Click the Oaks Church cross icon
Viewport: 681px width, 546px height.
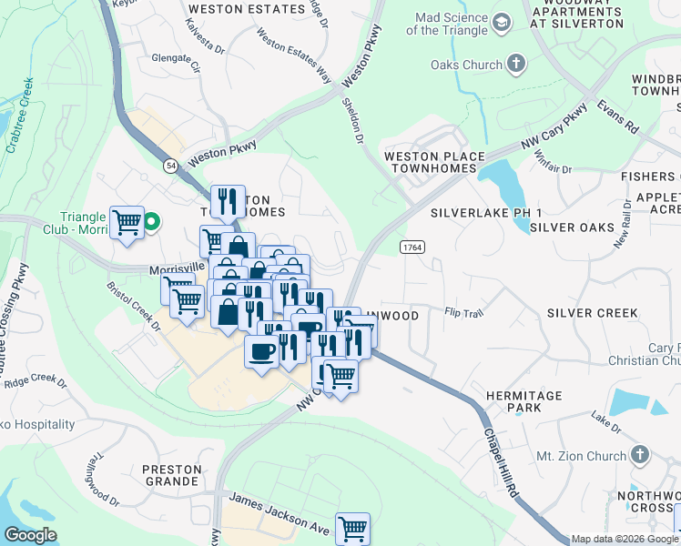pos(516,65)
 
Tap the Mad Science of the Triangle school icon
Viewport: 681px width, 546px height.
pos(501,21)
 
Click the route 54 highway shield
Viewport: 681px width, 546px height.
pos(170,165)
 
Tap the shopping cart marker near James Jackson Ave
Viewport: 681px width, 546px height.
pos(352,528)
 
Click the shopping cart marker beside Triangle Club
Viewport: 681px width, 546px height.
pos(127,222)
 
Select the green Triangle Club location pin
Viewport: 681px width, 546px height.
pos(153,221)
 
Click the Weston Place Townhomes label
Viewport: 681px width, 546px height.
pos(434,164)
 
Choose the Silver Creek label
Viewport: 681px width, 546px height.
pos(593,313)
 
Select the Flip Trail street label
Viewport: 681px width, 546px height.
pos(462,312)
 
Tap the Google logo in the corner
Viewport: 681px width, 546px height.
pos(30,535)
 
